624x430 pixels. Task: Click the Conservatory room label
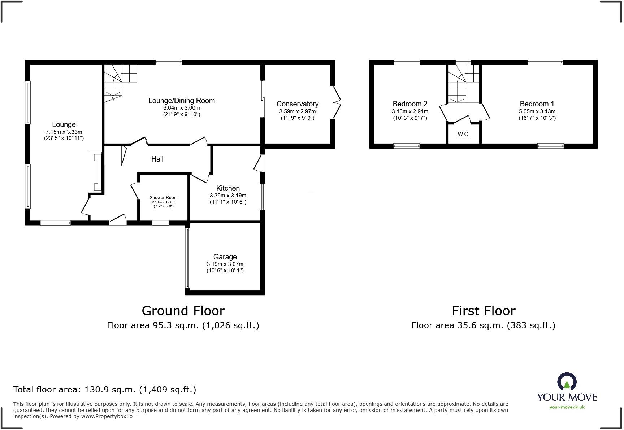(298, 104)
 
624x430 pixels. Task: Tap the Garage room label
(225, 257)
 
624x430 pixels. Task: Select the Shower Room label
(164, 198)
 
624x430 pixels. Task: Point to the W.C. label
(464, 134)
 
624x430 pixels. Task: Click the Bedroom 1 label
(537, 104)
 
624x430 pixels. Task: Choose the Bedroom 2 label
(410, 104)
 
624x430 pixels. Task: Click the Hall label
(157, 159)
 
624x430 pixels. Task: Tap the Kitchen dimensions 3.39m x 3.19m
(228, 196)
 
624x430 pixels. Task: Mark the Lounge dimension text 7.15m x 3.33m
(64, 132)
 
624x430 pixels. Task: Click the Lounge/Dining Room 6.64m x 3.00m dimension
(182, 108)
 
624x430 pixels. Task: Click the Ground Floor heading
(183, 311)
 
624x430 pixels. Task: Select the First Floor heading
(484, 311)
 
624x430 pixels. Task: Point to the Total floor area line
(105, 390)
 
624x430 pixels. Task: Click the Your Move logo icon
(567, 382)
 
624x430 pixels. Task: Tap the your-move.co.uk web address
(567, 407)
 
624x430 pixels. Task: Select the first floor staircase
(464, 83)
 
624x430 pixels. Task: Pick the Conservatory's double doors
(336, 102)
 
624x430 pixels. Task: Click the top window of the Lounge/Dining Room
(169, 62)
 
